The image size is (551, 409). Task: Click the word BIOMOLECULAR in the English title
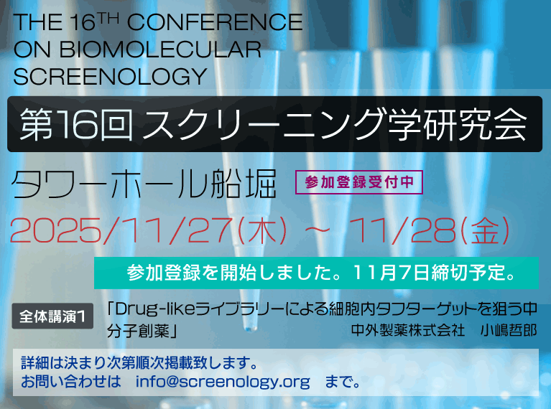[x=160, y=50]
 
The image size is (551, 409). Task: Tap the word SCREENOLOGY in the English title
[x=110, y=77]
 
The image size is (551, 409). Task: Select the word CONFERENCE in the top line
[x=215, y=22]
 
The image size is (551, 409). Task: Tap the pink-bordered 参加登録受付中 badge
[x=358, y=182]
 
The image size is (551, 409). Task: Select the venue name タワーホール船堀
[x=144, y=184]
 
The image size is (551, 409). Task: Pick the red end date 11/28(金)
[x=428, y=230]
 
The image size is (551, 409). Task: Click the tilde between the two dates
[x=318, y=230]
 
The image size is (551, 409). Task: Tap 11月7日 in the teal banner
[x=392, y=273]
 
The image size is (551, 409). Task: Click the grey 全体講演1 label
[x=52, y=316]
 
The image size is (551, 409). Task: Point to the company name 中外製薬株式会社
[x=408, y=330]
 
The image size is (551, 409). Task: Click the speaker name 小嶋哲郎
[x=509, y=330]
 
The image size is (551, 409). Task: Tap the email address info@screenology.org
[x=223, y=382]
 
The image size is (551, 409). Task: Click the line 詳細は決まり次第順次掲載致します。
[x=140, y=363]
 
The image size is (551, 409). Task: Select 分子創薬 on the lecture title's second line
[x=139, y=331]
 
